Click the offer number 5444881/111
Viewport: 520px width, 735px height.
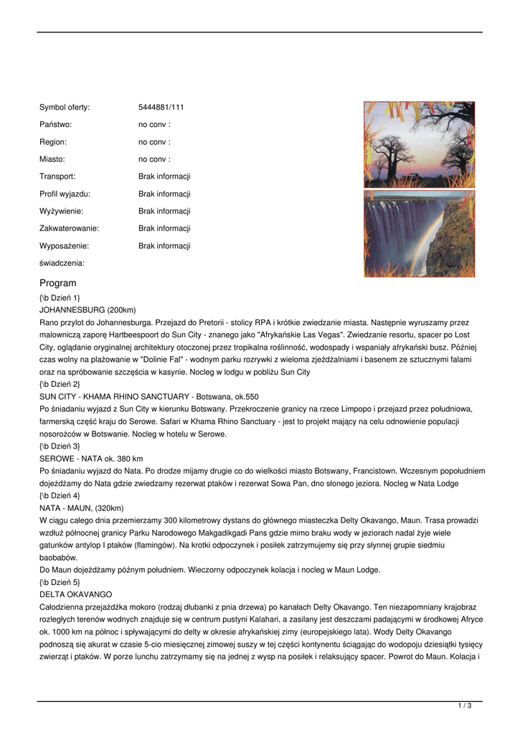point(161,108)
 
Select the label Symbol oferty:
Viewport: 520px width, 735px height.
point(65,108)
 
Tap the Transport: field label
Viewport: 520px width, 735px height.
point(57,177)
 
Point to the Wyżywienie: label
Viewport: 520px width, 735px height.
point(61,211)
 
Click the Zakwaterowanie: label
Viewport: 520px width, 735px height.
point(69,228)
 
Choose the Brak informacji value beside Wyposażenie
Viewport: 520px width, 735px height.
point(164,245)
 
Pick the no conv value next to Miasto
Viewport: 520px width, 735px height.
point(154,159)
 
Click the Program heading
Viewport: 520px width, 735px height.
point(57,283)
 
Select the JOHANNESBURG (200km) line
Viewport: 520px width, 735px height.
point(88,310)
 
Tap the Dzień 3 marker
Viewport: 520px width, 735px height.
point(60,446)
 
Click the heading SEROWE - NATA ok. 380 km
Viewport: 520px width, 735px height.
point(91,459)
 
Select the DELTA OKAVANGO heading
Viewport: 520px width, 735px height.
point(75,595)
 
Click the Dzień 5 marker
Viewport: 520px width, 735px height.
point(60,582)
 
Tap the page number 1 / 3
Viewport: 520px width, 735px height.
point(465,706)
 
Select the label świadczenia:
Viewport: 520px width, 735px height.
point(62,263)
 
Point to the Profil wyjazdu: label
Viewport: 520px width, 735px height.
point(65,194)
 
